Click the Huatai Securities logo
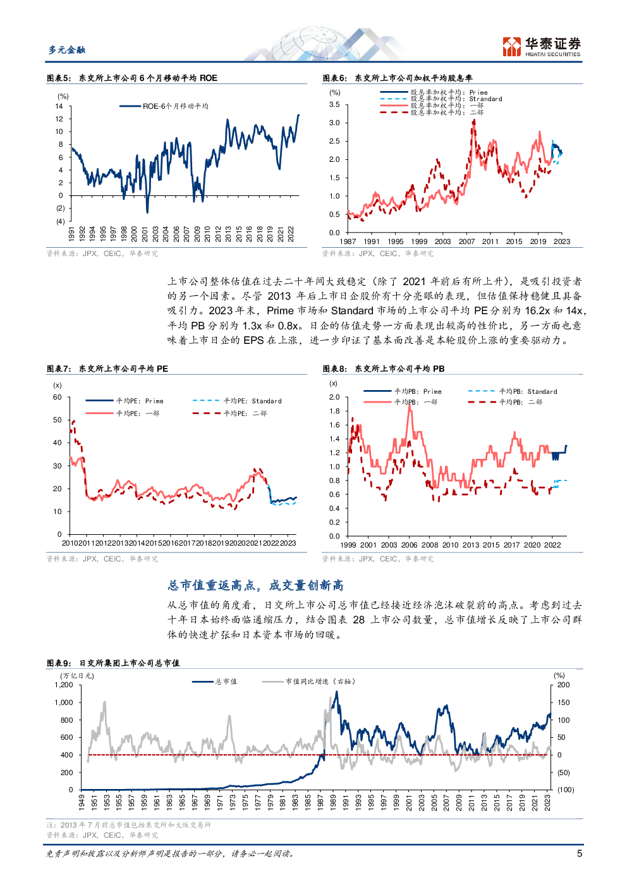pos(541,46)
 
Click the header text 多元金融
pos(67,50)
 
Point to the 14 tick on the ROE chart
pos(59,106)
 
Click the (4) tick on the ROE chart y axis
pos(60,221)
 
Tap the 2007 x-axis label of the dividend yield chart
pos(466,242)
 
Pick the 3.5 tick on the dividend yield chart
pos(334,105)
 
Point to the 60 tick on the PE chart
pos(58,397)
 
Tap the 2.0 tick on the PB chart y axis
pos(334,397)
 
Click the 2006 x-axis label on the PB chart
pos(409,545)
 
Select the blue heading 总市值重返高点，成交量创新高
pos(255,585)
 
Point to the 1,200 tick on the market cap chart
pos(64,685)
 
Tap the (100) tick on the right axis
pos(565,790)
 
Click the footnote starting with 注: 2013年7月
pos(129,825)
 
